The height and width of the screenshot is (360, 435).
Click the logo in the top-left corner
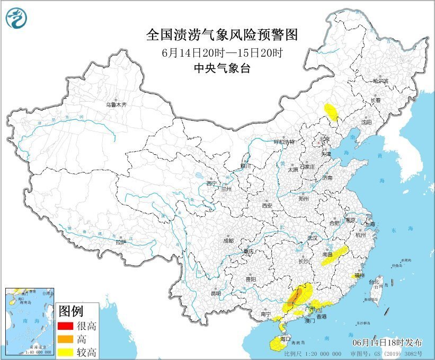pyautogui.click(x=16, y=19)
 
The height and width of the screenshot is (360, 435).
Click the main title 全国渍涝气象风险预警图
pyautogui.click(x=221, y=35)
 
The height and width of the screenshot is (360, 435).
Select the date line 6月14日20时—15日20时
pyautogui.click(x=221, y=53)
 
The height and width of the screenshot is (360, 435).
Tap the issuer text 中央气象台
pyautogui.click(x=221, y=68)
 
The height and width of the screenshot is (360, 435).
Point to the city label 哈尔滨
pyautogui.click(x=380, y=82)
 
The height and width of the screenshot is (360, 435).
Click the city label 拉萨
pyautogui.click(x=121, y=242)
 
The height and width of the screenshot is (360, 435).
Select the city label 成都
pyautogui.click(x=228, y=240)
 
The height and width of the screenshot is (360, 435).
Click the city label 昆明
pyautogui.click(x=215, y=293)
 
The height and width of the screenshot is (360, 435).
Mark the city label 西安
pyautogui.click(x=267, y=205)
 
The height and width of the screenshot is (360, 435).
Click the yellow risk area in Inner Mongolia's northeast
pyautogui.click(x=332, y=112)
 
